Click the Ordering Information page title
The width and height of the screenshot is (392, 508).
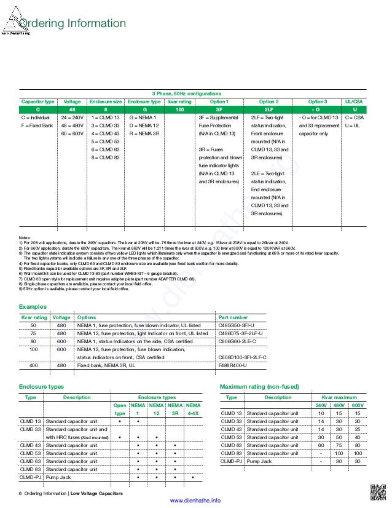(x=73, y=24)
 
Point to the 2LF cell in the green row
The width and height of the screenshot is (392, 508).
(x=269, y=109)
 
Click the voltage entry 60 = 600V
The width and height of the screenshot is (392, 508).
(x=73, y=133)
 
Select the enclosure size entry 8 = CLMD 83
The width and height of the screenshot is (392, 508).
(x=105, y=157)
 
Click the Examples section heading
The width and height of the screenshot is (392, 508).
(x=33, y=306)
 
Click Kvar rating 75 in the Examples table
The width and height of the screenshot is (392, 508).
(x=33, y=333)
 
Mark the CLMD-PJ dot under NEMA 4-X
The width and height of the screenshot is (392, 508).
(x=193, y=477)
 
